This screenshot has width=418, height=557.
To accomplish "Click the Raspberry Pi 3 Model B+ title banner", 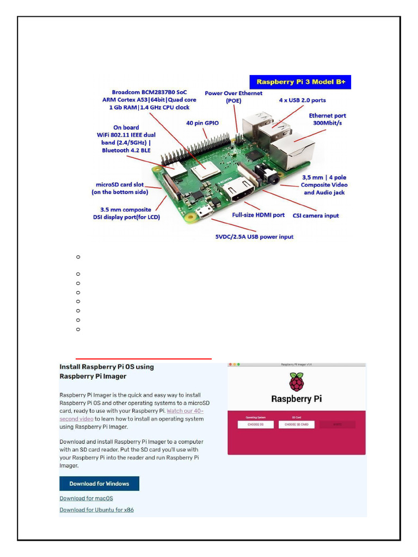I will click(x=300, y=82).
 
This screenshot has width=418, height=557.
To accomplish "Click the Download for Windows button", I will click(x=99, y=484).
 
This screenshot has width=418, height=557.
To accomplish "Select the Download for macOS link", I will click(x=86, y=498).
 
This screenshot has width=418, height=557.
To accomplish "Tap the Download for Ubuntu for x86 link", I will click(x=96, y=510).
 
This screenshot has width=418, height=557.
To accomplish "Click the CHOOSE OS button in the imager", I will click(x=255, y=424).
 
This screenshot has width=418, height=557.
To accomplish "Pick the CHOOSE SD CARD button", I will click(x=297, y=424).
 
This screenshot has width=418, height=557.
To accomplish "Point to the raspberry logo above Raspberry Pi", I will click(x=296, y=382).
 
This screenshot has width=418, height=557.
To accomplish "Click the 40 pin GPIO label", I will click(x=202, y=123).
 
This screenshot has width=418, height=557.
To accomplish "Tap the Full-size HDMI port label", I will click(x=258, y=215).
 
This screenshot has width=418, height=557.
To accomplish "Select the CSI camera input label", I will click(x=316, y=215).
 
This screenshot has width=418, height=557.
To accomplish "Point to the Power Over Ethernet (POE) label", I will click(x=233, y=97).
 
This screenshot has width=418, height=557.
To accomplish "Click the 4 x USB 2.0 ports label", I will click(x=303, y=100).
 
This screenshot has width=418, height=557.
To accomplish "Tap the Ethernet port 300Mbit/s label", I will click(x=327, y=119).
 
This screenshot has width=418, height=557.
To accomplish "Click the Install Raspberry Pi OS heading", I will click(x=107, y=371).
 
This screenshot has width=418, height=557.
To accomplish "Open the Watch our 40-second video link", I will click(x=185, y=411).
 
